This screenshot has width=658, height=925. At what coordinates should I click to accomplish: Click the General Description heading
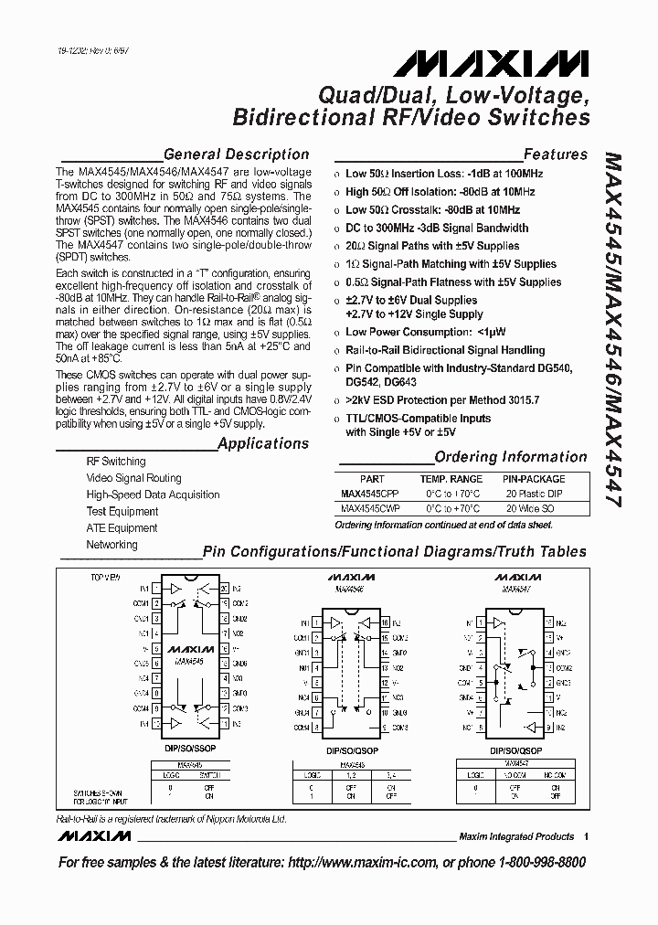click(x=236, y=154)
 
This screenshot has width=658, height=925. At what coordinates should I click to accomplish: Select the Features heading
click(x=555, y=154)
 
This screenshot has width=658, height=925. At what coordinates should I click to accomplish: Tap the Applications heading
click(x=263, y=443)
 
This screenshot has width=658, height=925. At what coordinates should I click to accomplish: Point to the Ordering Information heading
click(x=510, y=457)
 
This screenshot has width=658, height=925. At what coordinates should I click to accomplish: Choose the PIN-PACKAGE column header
click(x=534, y=478)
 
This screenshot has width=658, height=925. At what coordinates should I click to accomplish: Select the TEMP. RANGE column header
click(x=451, y=478)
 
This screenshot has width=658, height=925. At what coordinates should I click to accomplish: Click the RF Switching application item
click(x=116, y=462)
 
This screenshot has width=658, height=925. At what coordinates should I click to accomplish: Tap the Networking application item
click(x=111, y=544)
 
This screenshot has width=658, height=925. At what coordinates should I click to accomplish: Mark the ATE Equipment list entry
click(x=122, y=527)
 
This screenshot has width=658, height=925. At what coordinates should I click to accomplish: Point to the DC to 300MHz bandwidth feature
click(x=437, y=229)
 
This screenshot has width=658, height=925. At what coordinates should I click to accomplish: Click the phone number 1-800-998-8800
click(x=537, y=863)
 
